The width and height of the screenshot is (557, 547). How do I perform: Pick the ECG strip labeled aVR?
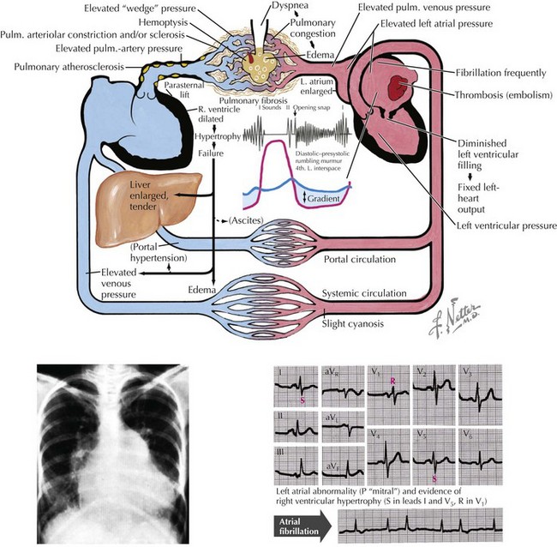coord(341,388)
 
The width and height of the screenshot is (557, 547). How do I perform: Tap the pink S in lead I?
coord(302,400)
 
